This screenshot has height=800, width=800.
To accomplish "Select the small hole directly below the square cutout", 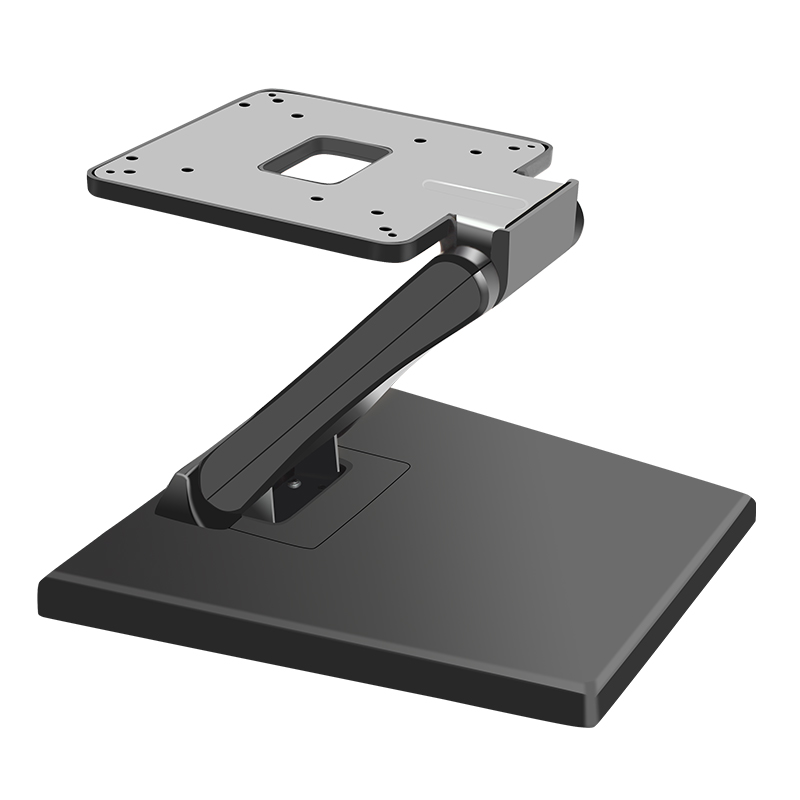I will click(x=317, y=198).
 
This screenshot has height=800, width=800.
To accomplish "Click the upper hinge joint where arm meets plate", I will click(x=478, y=249).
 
